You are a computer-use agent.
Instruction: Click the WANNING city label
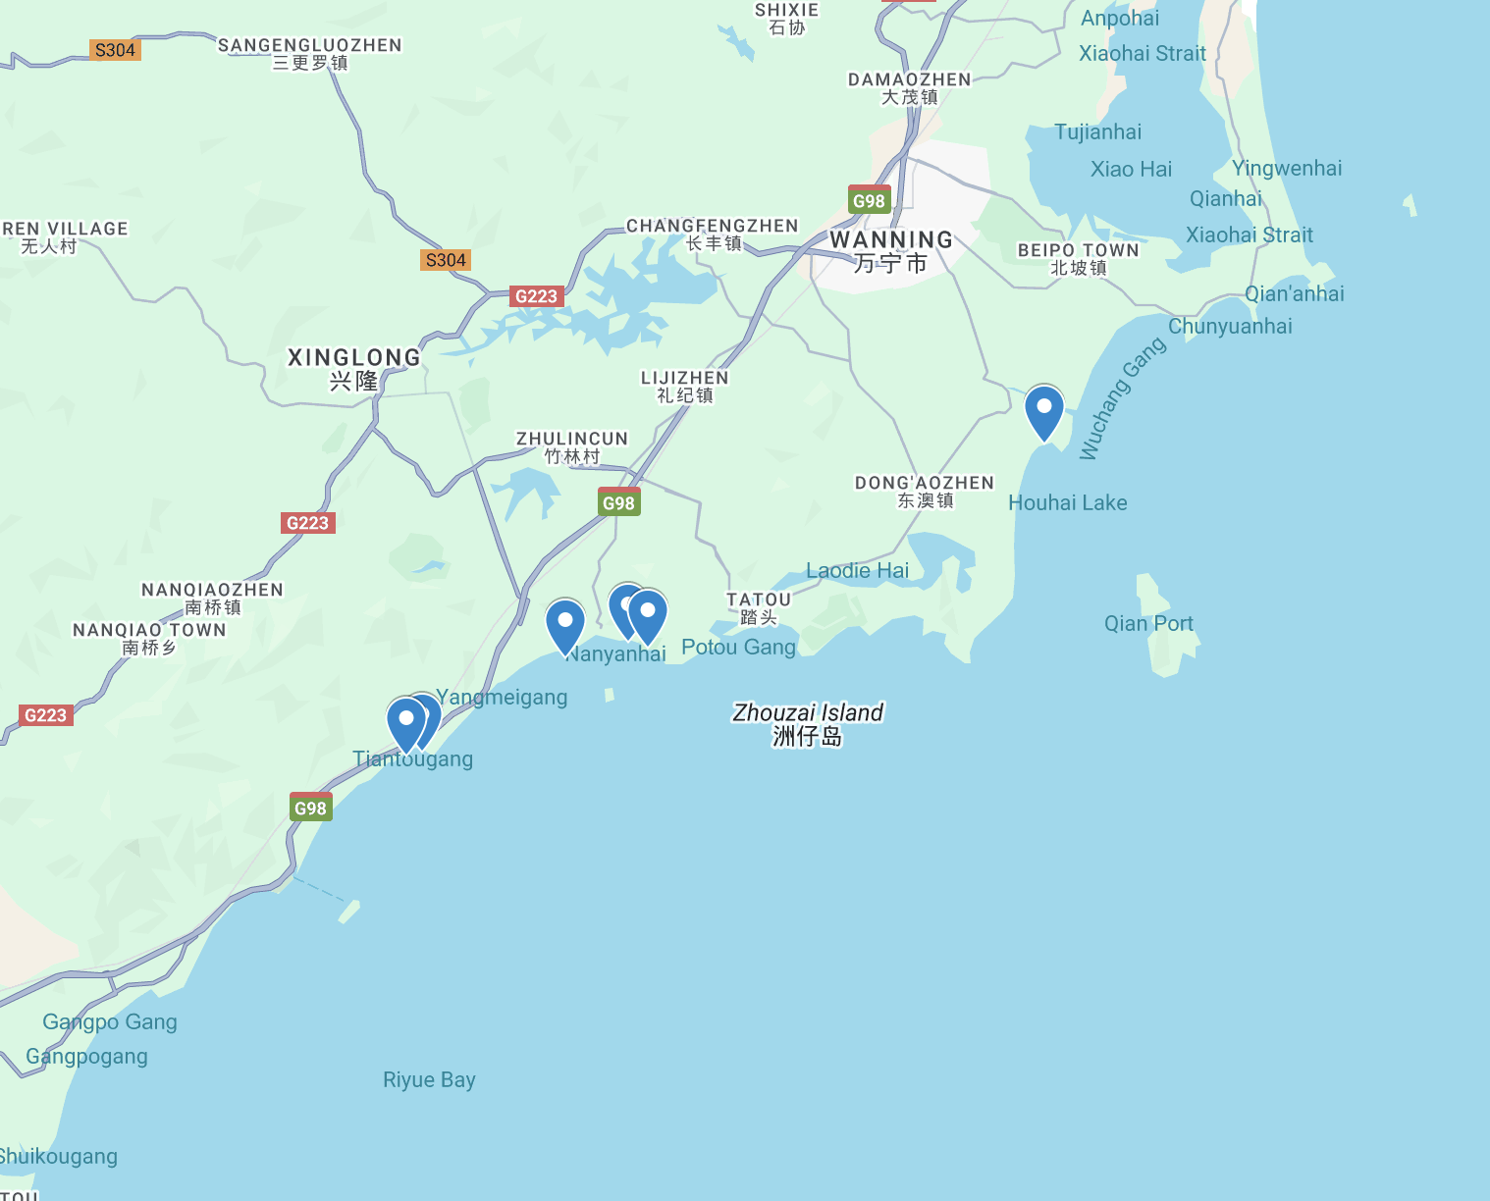click(x=890, y=251)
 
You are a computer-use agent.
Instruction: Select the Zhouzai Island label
click(x=808, y=724)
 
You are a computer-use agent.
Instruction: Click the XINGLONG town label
click(x=353, y=368)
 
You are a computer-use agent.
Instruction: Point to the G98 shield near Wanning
click(x=869, y=200)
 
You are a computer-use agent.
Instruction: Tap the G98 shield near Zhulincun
click(x=618, y=502)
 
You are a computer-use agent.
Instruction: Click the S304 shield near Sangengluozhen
click(x=115, y=50)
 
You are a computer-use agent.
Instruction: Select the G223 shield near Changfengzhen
click(x=536, y=296)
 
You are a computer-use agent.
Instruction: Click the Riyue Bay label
click(x=429, y=1079)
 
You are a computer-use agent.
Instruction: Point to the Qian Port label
click(x=1148, y=623)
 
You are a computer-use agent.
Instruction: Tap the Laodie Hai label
click(x=857, y=570)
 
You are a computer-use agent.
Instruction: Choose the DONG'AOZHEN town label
click(x=925, y=491)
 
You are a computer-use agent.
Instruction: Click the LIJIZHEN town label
click(x=684, y=386)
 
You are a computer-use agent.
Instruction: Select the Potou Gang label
click(x=738, y=647)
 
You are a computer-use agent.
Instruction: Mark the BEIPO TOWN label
click(x=1078, y=258)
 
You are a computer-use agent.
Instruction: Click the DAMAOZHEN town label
click(x=909, y=87)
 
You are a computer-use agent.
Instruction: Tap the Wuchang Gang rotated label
click(x=1122, y=398)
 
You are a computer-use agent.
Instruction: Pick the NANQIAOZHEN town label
click(x=212, y=598)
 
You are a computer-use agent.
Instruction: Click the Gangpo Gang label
click(x=110, y=1021)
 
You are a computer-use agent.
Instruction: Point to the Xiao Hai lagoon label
click(x=1131, y=169)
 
